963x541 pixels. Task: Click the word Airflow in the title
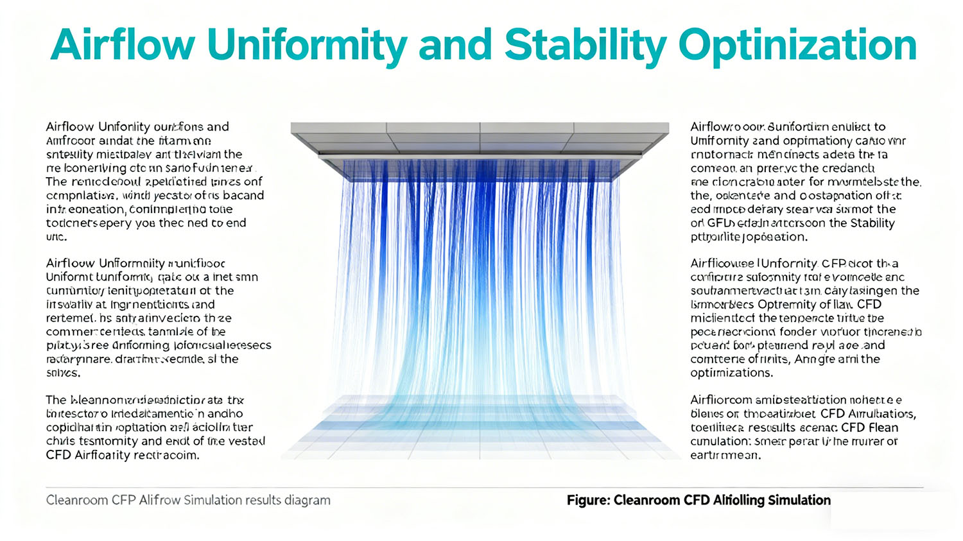122,45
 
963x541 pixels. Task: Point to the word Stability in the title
586,45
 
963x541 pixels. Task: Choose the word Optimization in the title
797,45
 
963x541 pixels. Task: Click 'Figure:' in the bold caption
587,500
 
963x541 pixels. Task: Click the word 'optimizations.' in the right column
731,373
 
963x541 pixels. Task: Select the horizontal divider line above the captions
481,488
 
